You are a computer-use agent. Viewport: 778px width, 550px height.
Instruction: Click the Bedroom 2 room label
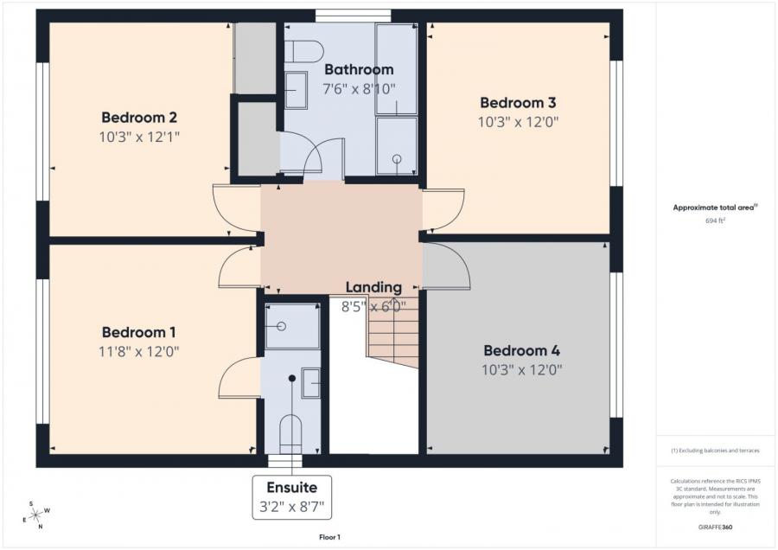tap(139, 118)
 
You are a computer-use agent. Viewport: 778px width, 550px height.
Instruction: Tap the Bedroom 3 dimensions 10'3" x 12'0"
tap(520, 122)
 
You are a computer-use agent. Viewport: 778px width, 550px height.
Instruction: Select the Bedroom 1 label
tap(139, 332)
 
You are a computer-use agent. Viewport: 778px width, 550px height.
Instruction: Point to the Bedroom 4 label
tap(521, 350)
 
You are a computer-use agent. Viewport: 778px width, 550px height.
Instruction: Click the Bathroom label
tap(358, 69)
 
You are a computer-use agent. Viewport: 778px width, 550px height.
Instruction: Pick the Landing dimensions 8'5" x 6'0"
tap(374, 305)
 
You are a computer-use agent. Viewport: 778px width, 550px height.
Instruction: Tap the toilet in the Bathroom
tap(302, 52)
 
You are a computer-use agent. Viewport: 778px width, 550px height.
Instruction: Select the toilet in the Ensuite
tap(291, 431)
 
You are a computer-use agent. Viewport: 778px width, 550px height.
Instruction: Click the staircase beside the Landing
tap(393, 333)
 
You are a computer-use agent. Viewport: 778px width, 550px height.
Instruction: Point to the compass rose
tap(36, 516)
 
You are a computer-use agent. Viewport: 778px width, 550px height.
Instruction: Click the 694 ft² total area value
tap(715, 221)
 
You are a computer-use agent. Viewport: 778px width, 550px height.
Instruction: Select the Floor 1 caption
tap(329, 537)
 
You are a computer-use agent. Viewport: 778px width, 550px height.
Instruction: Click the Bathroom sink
tap(297, 90)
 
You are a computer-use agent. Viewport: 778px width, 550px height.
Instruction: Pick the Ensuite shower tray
tap(291, 327)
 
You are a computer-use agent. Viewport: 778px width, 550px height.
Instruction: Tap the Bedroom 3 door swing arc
tap(443, 210)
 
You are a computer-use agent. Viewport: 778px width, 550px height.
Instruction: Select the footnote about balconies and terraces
tap(715, 451)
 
